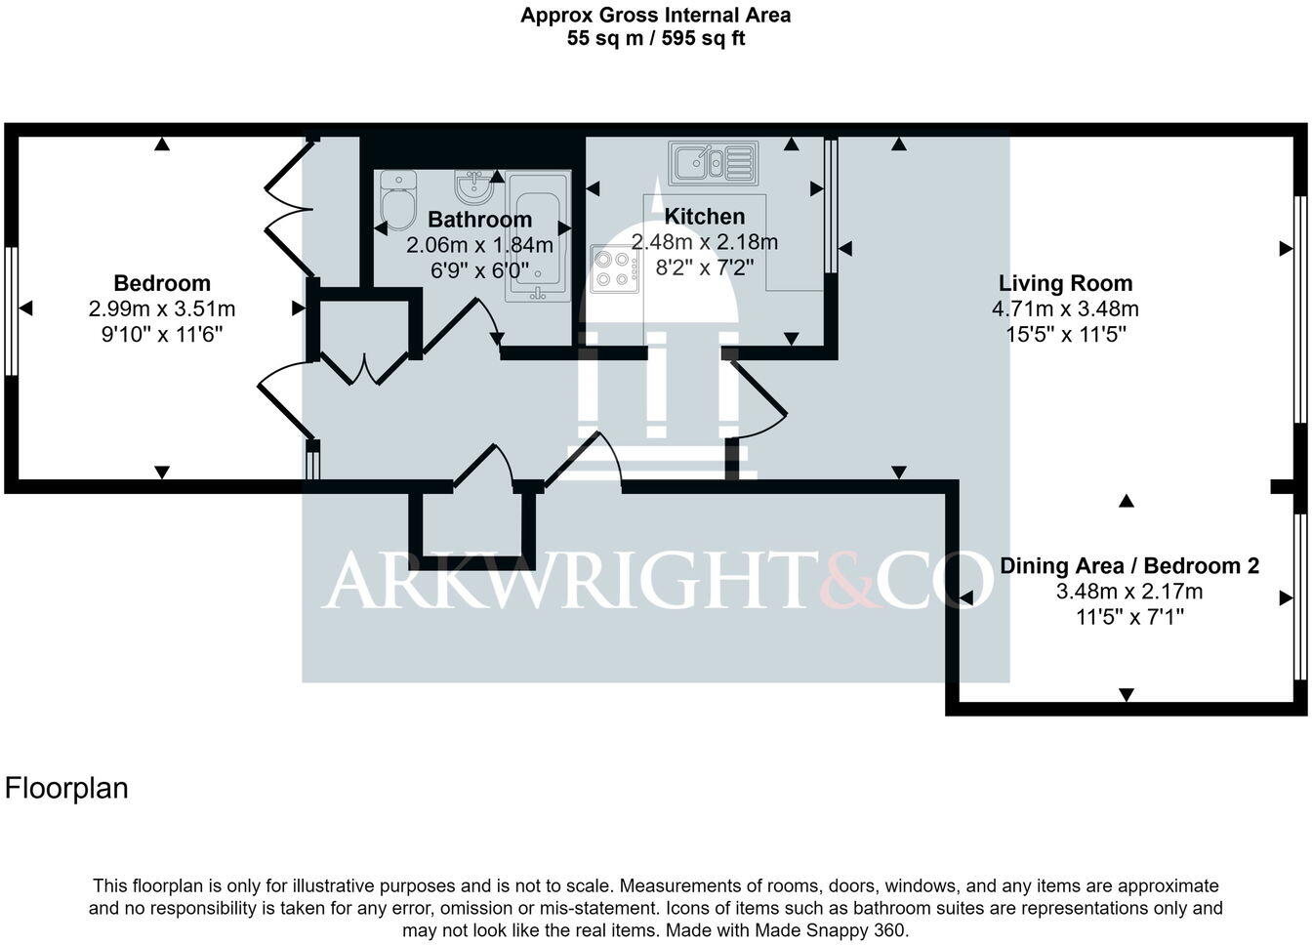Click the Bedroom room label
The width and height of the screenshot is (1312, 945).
coord(162,283)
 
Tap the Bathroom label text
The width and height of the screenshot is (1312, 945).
coord(479,220)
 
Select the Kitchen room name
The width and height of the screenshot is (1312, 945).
coord(704,217)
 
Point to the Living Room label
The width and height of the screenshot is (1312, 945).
coord(1065,283)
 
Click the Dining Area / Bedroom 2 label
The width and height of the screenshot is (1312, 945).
coord(1128,565)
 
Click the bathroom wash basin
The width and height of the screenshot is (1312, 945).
coord(473,185)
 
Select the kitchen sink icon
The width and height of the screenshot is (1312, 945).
coord(713,161)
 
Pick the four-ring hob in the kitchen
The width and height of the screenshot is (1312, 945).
coord(614,268)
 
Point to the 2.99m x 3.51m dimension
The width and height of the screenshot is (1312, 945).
coord(162,309)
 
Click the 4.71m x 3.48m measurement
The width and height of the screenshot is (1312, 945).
coord(1065,309)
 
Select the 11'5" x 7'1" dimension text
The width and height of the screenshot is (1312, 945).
coord(1128,617)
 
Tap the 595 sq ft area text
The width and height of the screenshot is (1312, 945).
coord(701,39)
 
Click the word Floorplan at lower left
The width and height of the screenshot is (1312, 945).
coord(66,788)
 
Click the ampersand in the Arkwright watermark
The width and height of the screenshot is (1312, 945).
coord(842,580)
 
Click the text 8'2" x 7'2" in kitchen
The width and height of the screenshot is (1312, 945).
coord(704,267)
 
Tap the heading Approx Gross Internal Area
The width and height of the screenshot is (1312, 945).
coord(655,15)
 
